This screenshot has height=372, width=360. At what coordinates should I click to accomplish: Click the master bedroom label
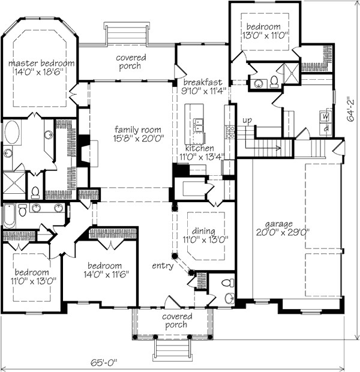[41, 64]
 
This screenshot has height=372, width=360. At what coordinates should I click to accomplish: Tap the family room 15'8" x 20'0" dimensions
[139, 138]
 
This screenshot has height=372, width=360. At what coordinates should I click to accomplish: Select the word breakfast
[203, 82]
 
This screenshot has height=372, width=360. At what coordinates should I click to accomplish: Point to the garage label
[279, 224]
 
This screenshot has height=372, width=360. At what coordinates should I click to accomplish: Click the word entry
[163, 266]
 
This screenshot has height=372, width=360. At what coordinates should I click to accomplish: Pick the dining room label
[203, 231]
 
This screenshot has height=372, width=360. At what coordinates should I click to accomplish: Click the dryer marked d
[326, 129]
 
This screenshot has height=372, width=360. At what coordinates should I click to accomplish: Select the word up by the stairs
[247, 121]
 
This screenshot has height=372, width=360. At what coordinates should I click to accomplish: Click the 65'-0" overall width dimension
[104, 362]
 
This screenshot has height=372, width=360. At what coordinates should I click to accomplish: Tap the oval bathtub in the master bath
[11, 133]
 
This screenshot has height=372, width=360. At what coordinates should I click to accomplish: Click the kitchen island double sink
[197, 125]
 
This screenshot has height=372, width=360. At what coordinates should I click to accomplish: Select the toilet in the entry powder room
[227, 283]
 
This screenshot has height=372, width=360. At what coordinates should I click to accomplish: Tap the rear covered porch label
[131, 62]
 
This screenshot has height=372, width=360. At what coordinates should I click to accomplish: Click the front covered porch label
[177, 320]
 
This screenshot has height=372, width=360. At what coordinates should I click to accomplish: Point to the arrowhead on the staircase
[279, 148]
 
